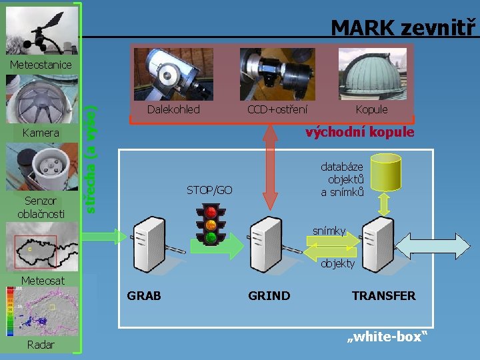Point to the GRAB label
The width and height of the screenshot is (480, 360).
pos(144,295)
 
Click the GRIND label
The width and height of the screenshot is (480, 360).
pos(269,295)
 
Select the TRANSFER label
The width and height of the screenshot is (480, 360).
pos(383,295)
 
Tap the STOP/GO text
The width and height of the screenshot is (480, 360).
pos(209,190)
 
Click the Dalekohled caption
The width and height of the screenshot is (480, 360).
pos(173,109)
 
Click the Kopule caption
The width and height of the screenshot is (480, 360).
pos(371,109)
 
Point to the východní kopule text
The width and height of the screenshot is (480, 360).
pos(359,132)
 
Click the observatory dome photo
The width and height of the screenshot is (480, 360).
pos(371,73)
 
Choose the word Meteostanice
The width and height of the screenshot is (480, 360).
pos(41,65)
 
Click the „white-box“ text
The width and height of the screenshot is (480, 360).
pos(386,337)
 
